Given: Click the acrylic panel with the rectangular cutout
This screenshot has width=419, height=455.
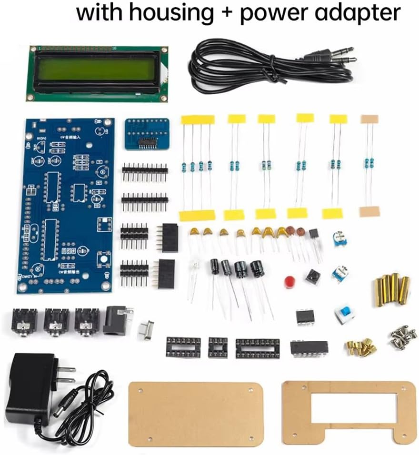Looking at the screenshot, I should pyautogui.click(x=349, y=412).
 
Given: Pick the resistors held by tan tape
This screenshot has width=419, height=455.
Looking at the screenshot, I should pyautogui.click(x=369, y=164).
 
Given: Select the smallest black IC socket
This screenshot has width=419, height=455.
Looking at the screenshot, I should pyautogui.click(x=218, y=347).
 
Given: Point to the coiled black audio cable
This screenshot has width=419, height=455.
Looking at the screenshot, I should pyautogui.click(x=267, y=67).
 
